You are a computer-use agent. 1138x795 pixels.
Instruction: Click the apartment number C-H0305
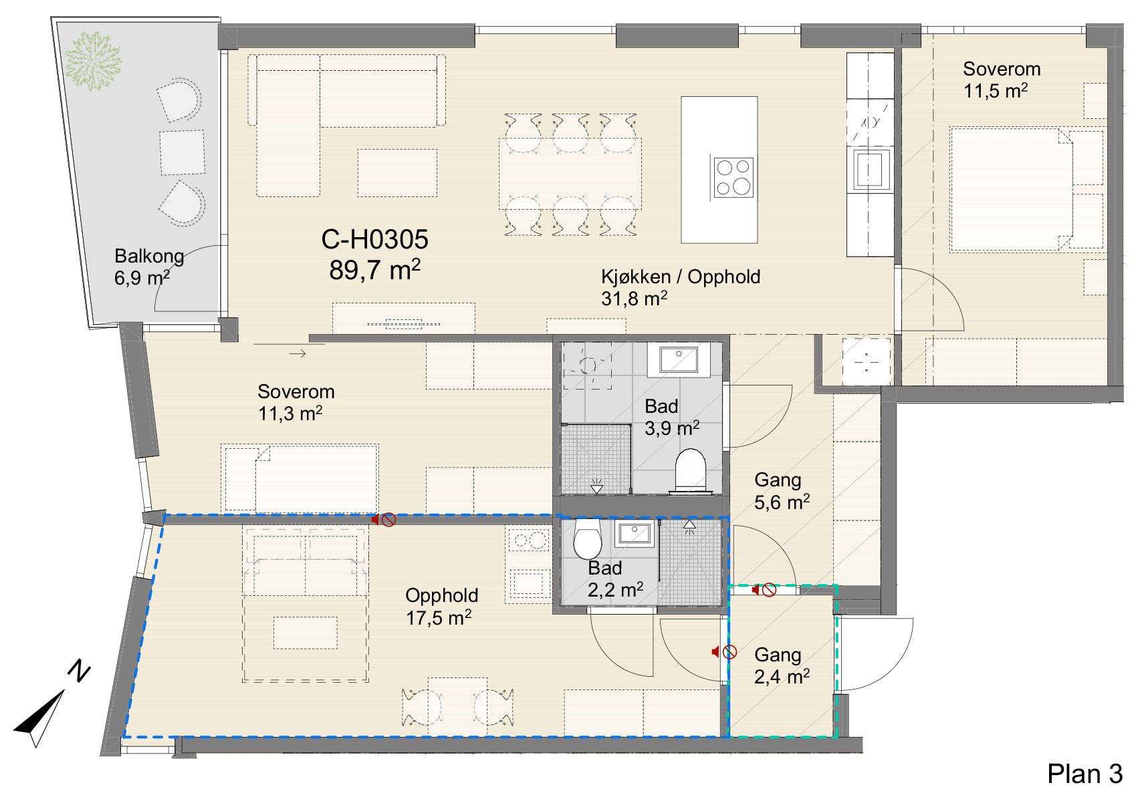coord(375,240)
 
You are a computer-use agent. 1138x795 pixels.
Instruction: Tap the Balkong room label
coord(149,256)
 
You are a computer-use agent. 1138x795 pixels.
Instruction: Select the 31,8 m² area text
coord(634,299)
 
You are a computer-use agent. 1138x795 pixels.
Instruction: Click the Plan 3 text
coord(1085,774)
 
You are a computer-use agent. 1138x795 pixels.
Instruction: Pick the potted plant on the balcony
coord(93,61)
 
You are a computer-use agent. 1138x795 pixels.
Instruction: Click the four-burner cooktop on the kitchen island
coord(733,178)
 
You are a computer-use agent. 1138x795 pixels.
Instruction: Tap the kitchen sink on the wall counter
coord(871,169)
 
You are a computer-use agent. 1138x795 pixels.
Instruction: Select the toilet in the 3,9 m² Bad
coord(691,470)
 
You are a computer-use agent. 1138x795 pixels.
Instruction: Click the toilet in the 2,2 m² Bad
coord(587,538)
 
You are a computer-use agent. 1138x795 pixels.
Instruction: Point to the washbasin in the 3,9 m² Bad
coord(678,359)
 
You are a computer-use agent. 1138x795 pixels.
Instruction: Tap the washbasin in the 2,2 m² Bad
coord(635,533)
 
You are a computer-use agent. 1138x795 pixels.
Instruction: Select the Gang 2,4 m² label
coord(782,665)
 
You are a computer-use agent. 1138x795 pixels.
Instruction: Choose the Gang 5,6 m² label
coord(782,491)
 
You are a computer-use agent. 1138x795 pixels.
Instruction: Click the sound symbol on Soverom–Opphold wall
coord(384,519)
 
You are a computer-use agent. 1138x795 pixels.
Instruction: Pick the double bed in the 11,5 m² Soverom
coord(1011,190)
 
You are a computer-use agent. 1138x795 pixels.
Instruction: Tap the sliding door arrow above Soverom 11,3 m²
coord(297,353)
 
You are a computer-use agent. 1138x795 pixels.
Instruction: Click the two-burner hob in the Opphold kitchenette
coord(528,540)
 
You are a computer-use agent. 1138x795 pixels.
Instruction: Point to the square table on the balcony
coord(182,152)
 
